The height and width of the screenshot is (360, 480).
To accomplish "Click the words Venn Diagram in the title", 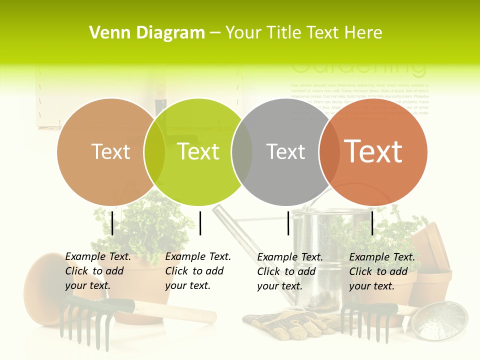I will coord(147,32).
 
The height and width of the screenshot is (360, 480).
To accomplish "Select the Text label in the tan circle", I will coord(110,152).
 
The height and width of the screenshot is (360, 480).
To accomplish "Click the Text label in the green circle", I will coord(198,151).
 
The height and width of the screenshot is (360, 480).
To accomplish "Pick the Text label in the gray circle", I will coord(285,152).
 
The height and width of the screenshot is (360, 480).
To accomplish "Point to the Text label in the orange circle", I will coord(373,151).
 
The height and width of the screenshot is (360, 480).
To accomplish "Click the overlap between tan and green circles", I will coord(154,152).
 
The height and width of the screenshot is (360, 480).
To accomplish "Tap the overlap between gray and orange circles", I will coord(329,152).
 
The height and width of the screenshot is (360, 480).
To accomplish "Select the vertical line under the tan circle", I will coord(112,223).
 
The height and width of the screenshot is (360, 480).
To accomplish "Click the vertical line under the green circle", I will coord(200,223).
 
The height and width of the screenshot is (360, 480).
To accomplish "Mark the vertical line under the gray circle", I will coord(288,223).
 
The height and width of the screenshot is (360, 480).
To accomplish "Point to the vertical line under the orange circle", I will coord(372,223).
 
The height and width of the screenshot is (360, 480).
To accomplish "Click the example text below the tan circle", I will coord(98,271).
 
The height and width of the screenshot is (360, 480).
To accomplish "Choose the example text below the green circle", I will coord(198,271).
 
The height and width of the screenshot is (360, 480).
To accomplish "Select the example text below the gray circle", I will coord(290,271).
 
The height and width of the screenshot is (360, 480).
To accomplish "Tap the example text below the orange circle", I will coord(382,271).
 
